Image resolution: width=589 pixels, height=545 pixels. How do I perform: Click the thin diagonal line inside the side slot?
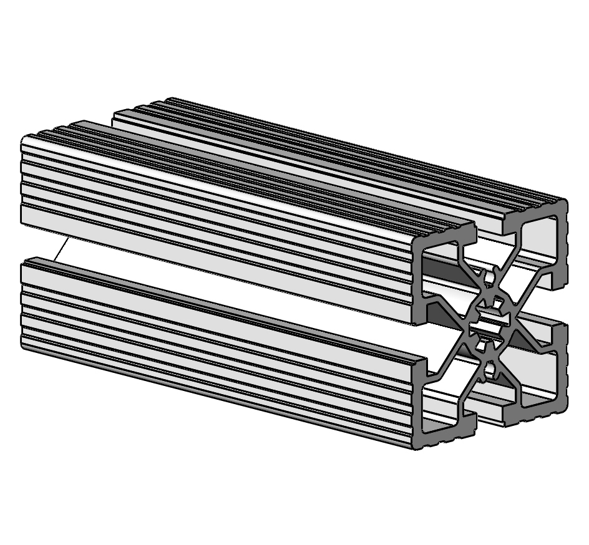tap(61, 250)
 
